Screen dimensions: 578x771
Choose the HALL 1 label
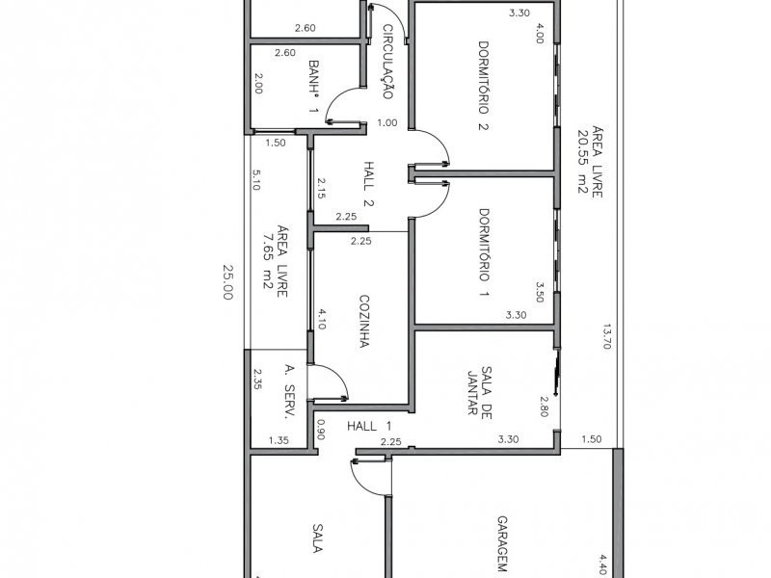pyautogui.click(x=370, y=425)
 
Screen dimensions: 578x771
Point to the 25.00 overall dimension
pyautogui.click(x=228, y=282)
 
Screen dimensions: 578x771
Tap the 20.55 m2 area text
pyautogui.click(x=584, y=161)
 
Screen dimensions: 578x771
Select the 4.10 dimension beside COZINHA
pyautogui.click(x=320, y=319)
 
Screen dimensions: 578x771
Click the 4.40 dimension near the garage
pyautogui.click(x=603, y=564)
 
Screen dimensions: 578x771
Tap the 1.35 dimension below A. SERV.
pyautogui.click(x=278, y=440)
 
